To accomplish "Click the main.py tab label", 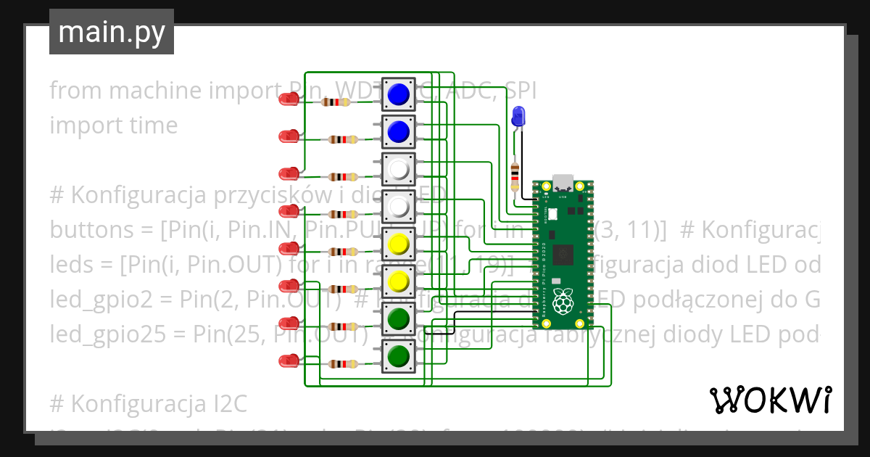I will point(112,32).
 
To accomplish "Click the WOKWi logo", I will point(770,400).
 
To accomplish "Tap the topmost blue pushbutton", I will point(399,94).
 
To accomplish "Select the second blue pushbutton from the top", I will point(399,131).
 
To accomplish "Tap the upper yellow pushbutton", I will point(399,244).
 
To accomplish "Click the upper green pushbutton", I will point(399,318).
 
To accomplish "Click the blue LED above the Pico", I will point(518,116).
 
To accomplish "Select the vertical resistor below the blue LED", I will point(515,175).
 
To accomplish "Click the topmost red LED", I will point(289,99).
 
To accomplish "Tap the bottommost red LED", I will point(289,361).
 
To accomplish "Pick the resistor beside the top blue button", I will point(336,102).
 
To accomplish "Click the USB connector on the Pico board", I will point(563,181).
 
